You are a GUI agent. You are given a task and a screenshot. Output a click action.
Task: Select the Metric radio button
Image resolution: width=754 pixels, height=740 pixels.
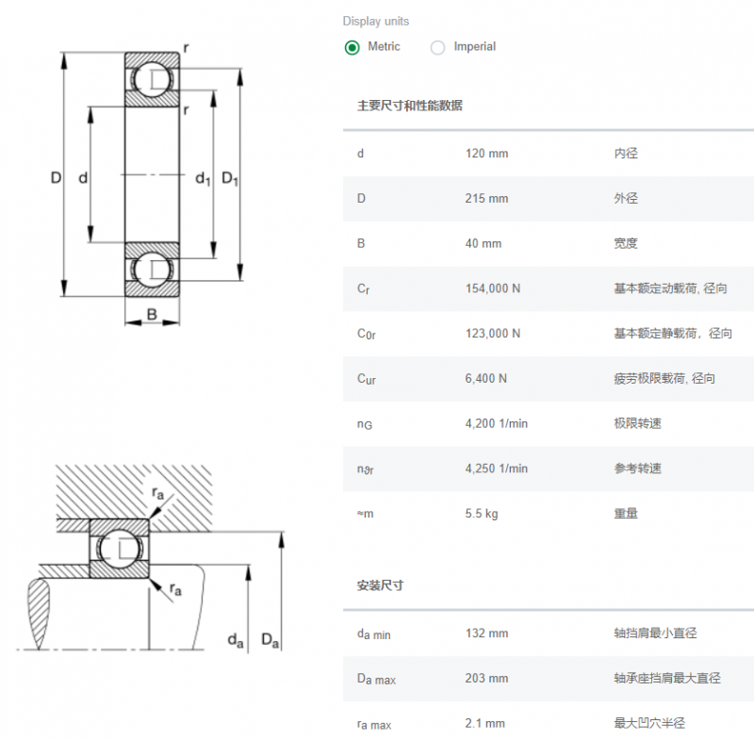tap(352, 47)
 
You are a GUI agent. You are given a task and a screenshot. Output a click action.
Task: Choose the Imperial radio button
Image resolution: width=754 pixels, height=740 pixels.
tap(437, 47)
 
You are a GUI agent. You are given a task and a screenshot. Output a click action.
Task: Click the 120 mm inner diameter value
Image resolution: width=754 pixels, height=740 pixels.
tap(486, 154)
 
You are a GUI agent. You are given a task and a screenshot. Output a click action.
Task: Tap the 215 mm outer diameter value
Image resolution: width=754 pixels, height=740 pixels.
tap(486, 198)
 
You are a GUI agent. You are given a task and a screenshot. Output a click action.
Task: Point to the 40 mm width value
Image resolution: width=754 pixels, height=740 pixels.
tap(484, 243)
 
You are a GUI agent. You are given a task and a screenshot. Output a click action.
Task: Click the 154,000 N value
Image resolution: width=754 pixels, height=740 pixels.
tap(493, 288)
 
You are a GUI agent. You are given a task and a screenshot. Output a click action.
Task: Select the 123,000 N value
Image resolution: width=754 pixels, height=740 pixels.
tap(493, 333)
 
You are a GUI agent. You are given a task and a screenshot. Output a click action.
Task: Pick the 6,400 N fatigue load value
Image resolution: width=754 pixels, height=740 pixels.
tap(485, 378)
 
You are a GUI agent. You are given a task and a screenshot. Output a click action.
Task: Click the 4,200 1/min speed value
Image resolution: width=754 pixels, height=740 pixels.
tap(497, 423)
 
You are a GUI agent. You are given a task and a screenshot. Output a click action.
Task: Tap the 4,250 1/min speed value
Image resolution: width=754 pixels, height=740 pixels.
tap(497, 469)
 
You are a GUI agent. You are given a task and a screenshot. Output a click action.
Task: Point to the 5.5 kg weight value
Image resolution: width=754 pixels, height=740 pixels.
tap(482, 514)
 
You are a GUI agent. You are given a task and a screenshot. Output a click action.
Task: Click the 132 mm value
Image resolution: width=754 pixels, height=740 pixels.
tap(486, 633)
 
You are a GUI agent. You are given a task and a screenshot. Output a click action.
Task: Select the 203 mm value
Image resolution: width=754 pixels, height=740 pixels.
tap(486, 678)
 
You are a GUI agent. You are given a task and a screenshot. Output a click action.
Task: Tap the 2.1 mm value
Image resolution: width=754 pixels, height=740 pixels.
tap(484, 723)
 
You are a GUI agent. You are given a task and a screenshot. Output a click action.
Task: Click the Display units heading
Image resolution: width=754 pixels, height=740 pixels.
tap(376, 21)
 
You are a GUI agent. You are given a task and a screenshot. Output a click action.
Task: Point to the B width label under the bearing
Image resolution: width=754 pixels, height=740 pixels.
tap(152, 314)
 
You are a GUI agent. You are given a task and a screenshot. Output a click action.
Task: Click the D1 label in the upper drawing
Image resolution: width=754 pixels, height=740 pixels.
tap(230, 179)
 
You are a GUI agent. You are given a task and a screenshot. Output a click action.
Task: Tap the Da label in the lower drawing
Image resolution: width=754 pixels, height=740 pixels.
tap(270, 640)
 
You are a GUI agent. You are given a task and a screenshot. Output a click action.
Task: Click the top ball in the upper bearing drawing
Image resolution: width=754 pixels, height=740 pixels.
tap(152, 79)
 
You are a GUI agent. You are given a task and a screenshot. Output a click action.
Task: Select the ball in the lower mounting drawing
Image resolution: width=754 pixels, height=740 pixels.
tap(120, 548)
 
